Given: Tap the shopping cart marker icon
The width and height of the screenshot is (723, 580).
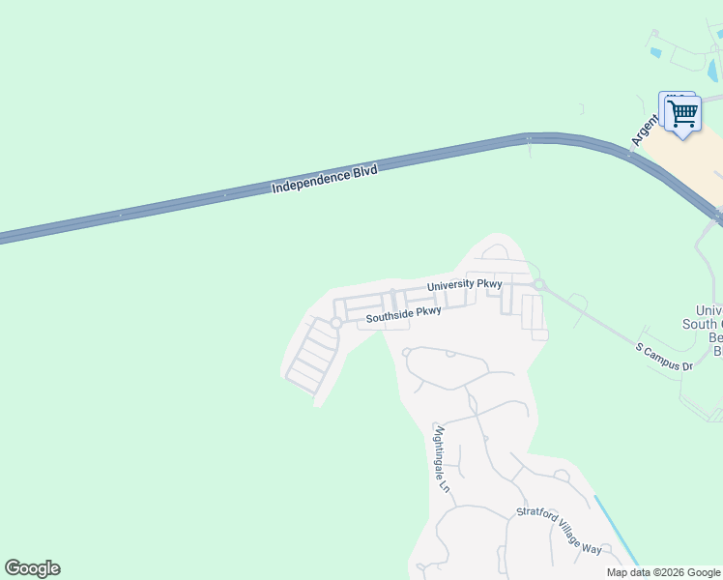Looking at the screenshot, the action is pyautogui.click(x=682, y=114).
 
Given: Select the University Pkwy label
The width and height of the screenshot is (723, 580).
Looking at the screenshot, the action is pyautogui.click(x=465, y=284).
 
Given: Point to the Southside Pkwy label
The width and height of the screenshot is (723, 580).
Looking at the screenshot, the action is pyautogui.click(x=403, y=314).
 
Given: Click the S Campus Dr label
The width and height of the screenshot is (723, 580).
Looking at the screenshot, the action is pyautogui.click(x=664, y=357).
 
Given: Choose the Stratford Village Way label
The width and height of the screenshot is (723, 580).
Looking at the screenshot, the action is pyautogui.click(x=559, y=531).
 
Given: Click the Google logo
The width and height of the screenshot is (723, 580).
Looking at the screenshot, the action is pyautogui.click(x=32, y=568).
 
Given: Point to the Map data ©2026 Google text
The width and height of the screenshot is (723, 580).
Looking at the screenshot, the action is pyautogui.click(x=662, y=572).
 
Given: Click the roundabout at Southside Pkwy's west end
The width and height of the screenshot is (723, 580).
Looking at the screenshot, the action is pyautogui.click(x=336, y=322).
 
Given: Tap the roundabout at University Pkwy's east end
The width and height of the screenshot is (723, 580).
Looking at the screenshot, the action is pyautogui.click(x=539, y=284).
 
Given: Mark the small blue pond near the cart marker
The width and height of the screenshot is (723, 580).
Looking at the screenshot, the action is pyautogui.click(x=656, y=52).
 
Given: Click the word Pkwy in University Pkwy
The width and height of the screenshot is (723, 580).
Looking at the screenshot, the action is pyautogui.click(x=488, y=283).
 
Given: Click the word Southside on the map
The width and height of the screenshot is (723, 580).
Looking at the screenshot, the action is pyautogui.click(x=390, y=316).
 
